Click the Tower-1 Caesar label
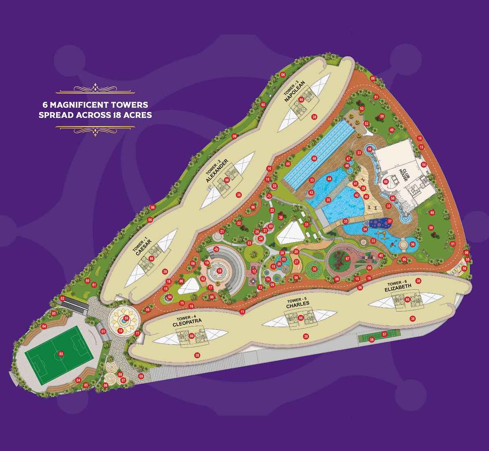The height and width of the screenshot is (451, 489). (144, 246)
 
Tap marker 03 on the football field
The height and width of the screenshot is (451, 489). (61, 354)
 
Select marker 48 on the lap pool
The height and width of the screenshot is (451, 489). (314, 158)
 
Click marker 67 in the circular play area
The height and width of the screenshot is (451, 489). (348, 258)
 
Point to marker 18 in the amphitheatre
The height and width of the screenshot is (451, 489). (220, 271)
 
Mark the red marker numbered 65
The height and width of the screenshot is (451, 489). (263, 105)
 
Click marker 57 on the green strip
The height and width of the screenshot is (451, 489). (384, 334)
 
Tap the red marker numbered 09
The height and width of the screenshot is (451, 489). (141, 376)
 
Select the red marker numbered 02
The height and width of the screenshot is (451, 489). (63, 298)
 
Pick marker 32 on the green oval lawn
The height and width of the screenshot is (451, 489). (315, 269)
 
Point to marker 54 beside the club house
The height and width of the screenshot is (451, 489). (424, 164)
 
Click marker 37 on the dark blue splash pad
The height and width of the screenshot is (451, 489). (390, 221)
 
